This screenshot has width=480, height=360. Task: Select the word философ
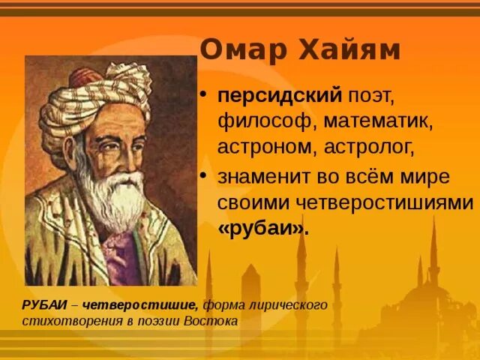tap(258, 121)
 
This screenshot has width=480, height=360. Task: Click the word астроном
tap(267, 145)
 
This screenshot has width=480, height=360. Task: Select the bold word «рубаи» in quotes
tap(263, 229)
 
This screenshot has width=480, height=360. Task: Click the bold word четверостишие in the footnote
tap(141, 304)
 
